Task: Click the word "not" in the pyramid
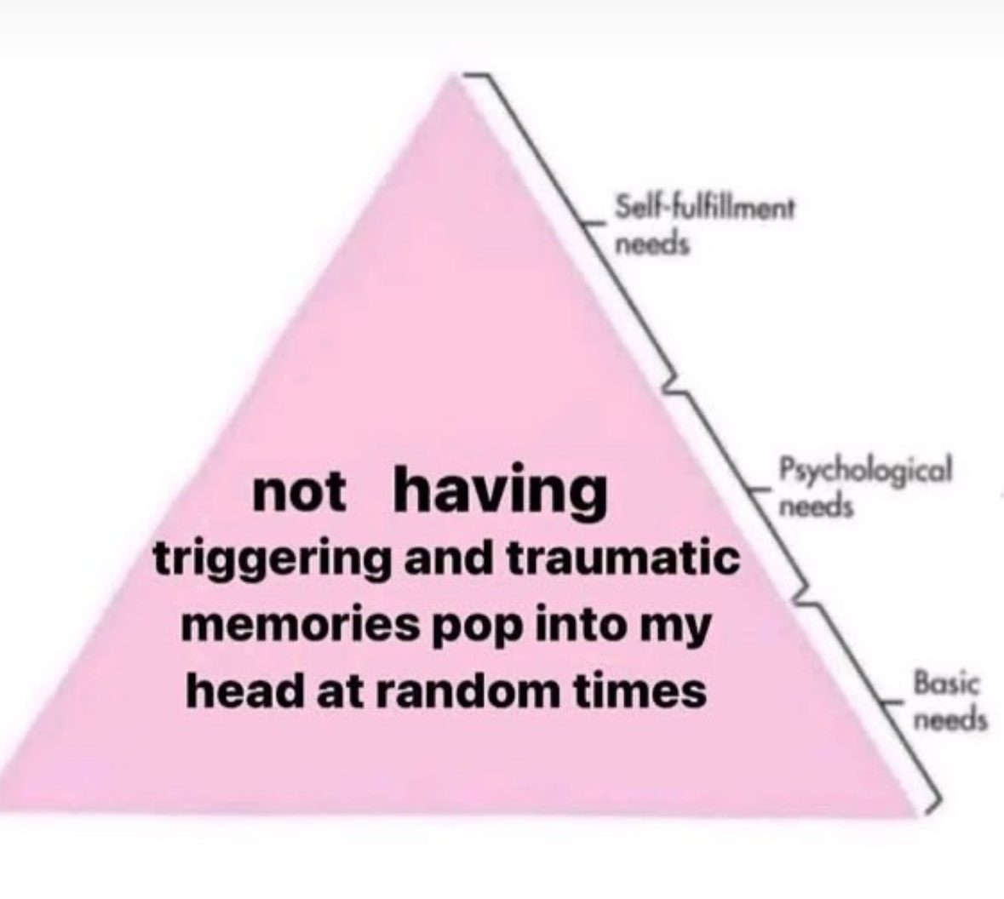pos(300,493)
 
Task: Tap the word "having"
pos(500,493)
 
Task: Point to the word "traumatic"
pos(623,558)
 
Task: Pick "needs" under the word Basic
pos(951,719)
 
